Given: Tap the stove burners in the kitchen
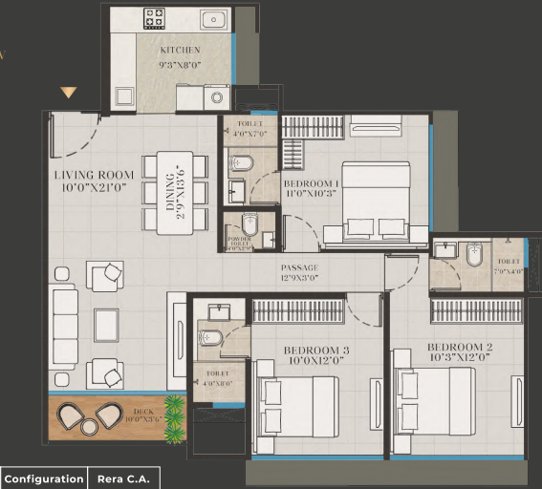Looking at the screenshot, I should pos(153,19).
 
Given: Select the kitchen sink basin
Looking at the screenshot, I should pos(213,19).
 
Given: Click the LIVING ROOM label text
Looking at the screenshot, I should pos(94,181).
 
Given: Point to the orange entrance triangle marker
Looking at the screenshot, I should pos(68,93).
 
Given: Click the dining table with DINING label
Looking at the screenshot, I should pos(175,192).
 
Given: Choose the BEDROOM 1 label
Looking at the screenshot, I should pos(311,187).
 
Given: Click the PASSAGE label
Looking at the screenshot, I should pos(299,273).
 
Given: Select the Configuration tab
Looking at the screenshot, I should pos(43,478).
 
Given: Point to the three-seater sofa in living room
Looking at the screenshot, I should pos(65,327).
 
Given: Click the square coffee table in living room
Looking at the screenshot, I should pos(105,324).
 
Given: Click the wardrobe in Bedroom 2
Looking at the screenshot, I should pos(476,310).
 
